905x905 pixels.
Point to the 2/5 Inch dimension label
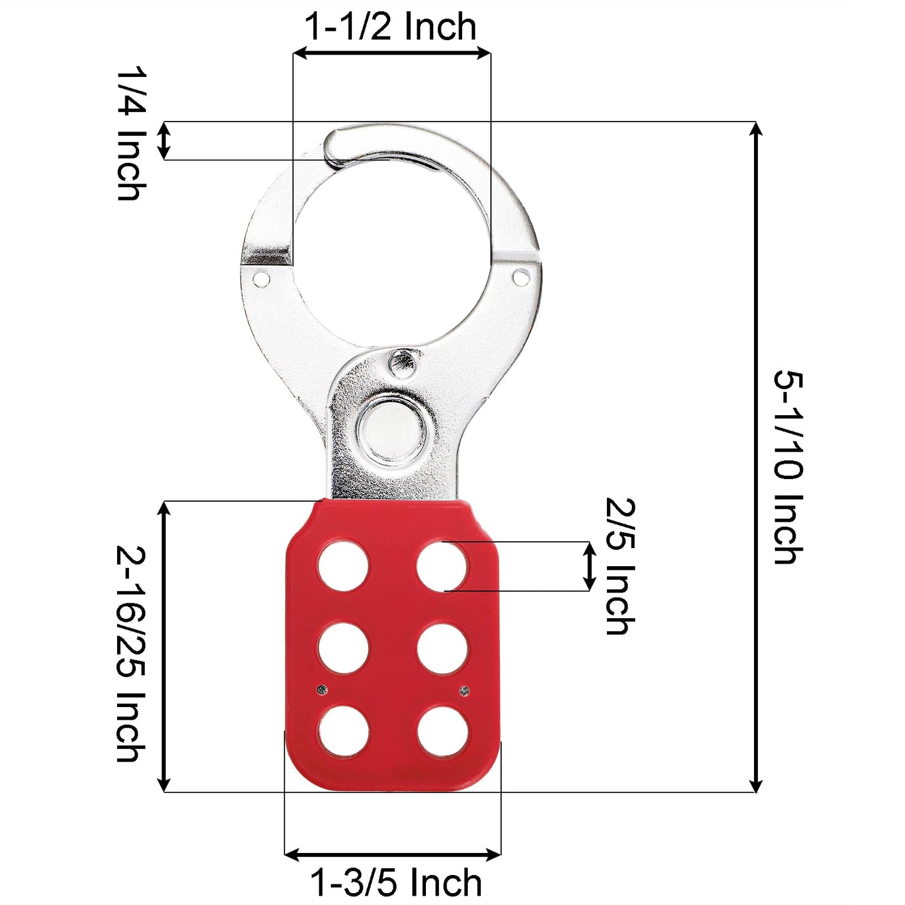(620, 566)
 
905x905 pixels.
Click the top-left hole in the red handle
(343, 566)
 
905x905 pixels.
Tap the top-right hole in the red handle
(443, 566)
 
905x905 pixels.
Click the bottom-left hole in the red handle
(343, 732)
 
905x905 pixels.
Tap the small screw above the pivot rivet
(401, 362)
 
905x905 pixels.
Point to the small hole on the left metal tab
(261, 277)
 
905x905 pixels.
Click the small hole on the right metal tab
(520, 276)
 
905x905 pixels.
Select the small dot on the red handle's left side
(322, 690)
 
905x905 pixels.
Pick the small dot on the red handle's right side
(464, 691)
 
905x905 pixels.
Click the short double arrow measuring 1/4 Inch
(163, 141)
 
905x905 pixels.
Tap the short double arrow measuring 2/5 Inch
(589, 566)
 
